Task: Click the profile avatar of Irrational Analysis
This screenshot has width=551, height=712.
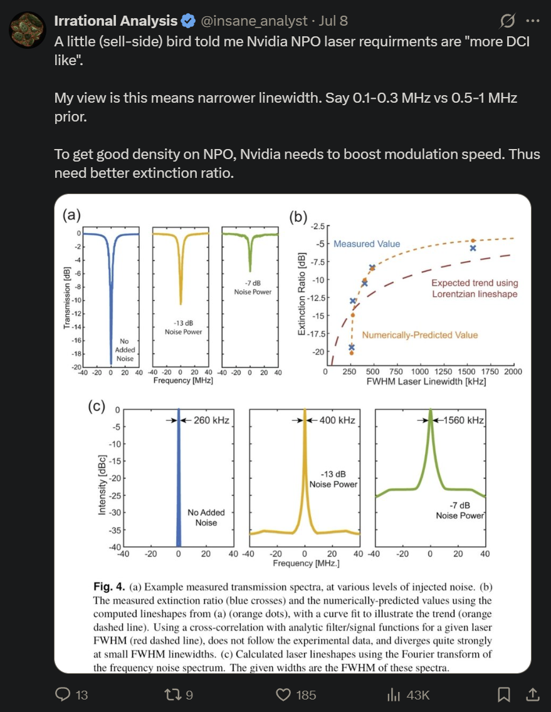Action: pyautogui.click(x=28, y=29)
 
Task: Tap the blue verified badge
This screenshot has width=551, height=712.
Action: pyautogui.click(x=188, y=21)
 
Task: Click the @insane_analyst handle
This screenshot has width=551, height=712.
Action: pyautogui.click(x=254, y=21)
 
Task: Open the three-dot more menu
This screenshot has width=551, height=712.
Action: pyautogui.click(x=532, y=21)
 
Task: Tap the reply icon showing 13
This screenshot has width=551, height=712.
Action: pyautogui.click(x=63, y=694)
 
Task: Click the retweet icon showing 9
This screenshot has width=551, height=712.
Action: pyautogui.click(x=172, y=694)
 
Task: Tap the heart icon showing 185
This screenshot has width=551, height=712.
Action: pyautogui.click(x=283, y=694)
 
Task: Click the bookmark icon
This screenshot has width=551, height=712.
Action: pyautogui.click(x=504, y=694)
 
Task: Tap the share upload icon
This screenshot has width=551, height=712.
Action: pyautogui.click(x=533, y=694)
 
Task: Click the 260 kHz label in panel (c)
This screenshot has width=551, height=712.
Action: pyautogui.click(x=211, y=420)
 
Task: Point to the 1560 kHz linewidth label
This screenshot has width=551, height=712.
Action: pyautogui.click(x=464, y=420)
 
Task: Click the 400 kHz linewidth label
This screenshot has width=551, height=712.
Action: pyautogui.click(x=337, y=420)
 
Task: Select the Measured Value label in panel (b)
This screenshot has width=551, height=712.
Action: pyautogui.click(x=367, y=244)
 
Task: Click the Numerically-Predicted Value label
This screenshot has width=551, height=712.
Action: pyautogui.click(x=419, y=335)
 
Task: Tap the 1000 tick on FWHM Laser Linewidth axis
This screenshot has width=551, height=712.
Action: pyautogui.click(x=419, y=371)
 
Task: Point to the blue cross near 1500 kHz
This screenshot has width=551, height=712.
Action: pyautogui.click(x=473, y=248)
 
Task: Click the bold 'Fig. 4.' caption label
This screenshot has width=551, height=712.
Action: pyautogui.click(x=109, y=587)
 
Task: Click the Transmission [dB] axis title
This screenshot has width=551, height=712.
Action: pyautogui.click(x=67, y=297)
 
